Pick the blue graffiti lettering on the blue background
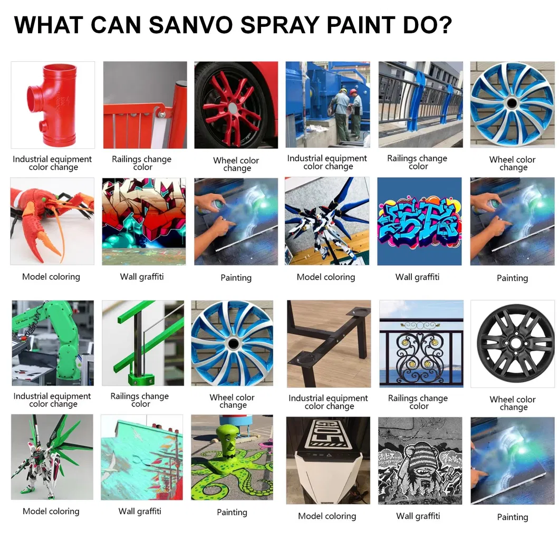(419, 223)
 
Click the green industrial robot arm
(64, 342)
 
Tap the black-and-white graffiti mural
(420, 460)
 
